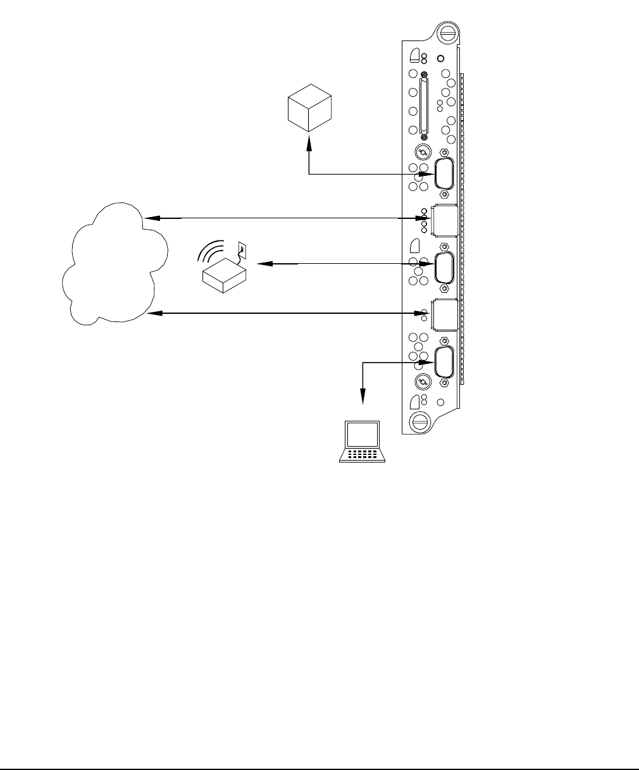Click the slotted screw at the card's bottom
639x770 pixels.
coord(419,422)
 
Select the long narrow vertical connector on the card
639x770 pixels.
coord(423,106)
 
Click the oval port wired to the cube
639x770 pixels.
coord(444,174)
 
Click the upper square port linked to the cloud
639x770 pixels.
coord(444,219)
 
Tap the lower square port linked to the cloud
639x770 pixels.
coord(444,313)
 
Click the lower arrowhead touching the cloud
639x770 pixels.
coord(152,313)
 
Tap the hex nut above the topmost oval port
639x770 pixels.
coord(444,153)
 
